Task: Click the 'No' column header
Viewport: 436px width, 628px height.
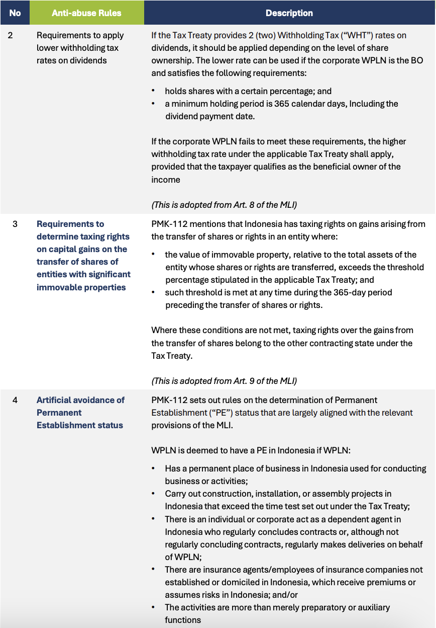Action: (x=15, y=13)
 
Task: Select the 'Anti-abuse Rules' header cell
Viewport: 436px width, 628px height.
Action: (x=86, y=13)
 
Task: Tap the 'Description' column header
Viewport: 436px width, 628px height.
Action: (x=289, y=13)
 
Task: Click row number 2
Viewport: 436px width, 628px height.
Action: (x=15, y=35)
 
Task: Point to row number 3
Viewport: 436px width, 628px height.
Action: (x=15, y=224)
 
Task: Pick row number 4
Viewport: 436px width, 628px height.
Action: (x=15, y=400)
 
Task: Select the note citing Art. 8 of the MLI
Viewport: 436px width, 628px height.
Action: (x=224, y=205)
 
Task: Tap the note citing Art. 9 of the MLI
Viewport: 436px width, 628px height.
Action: (x=224, y=381)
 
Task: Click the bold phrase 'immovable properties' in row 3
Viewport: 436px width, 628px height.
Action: (x=81, y=287)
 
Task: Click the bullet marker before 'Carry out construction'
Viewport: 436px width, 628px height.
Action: (x=153, y=494)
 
